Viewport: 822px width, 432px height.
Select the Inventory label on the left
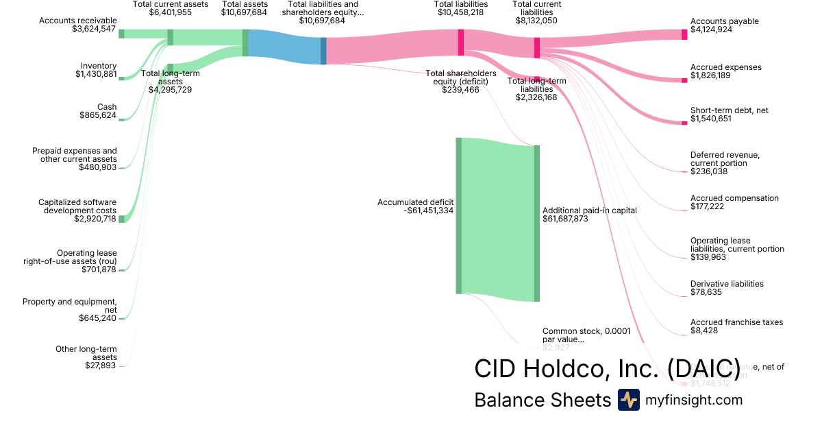coord(99,66)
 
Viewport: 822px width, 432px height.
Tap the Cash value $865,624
coord(98,115)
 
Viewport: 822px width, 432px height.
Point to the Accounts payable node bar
coord(684,34)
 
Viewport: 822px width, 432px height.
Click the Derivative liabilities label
coord(727,284)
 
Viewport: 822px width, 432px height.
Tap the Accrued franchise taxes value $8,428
coord(704,331)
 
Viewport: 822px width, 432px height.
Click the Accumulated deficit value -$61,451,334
coord(429,211)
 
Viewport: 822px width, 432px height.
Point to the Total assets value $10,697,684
coord(245,12)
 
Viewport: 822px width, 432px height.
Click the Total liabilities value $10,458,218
coord(461,12)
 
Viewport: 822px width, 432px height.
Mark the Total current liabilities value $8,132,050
coord(536,21)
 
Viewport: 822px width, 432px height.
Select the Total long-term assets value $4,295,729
coord(170,90)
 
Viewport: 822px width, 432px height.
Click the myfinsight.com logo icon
coord(628,400)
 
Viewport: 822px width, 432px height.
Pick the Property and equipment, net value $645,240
coord(98,318)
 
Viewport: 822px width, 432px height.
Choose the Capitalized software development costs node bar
coord(122,219)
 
